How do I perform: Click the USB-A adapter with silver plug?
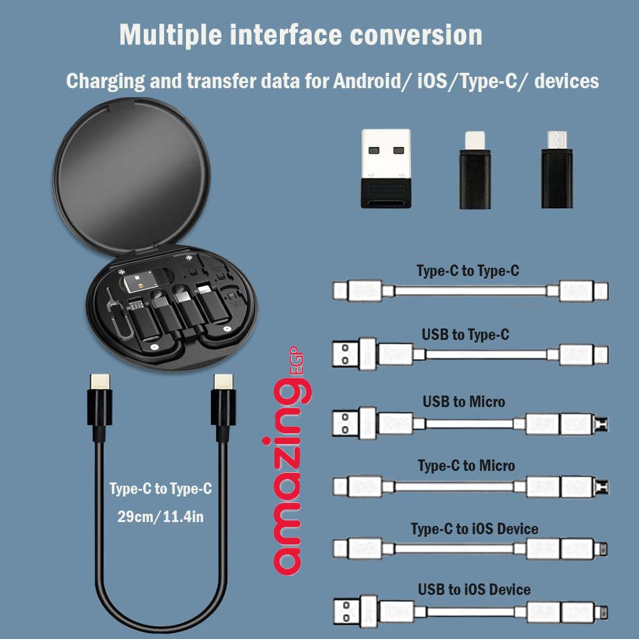385,168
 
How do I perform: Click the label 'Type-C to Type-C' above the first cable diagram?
468,271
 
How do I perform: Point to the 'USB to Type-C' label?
465,334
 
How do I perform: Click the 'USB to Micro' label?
463,401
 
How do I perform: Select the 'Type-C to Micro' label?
466,466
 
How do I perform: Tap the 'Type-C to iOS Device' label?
473,529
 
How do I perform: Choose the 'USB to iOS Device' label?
473,589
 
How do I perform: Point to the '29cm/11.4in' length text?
160,516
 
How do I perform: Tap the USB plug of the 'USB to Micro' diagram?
345,422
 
